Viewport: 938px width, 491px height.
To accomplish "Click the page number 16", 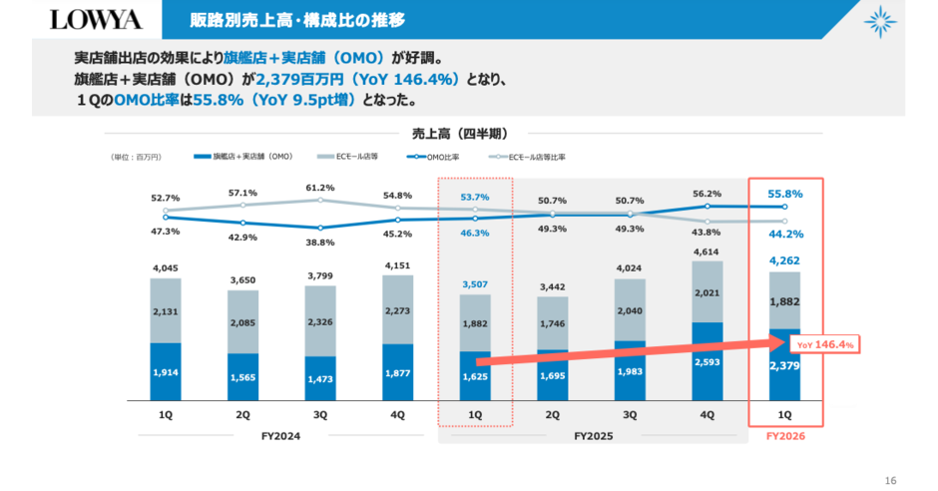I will [891, 480].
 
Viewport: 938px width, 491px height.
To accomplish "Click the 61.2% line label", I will [320, 187].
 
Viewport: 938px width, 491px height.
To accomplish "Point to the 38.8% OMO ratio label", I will [320, 243].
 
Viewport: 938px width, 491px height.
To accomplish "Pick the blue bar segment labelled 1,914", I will [167, 371].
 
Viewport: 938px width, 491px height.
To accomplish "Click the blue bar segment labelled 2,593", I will [706, 361].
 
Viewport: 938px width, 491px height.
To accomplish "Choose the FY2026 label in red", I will [784, 436].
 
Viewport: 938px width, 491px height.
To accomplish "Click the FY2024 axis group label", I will [279, 436].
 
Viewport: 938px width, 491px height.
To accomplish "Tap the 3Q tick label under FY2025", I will [630, 414].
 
